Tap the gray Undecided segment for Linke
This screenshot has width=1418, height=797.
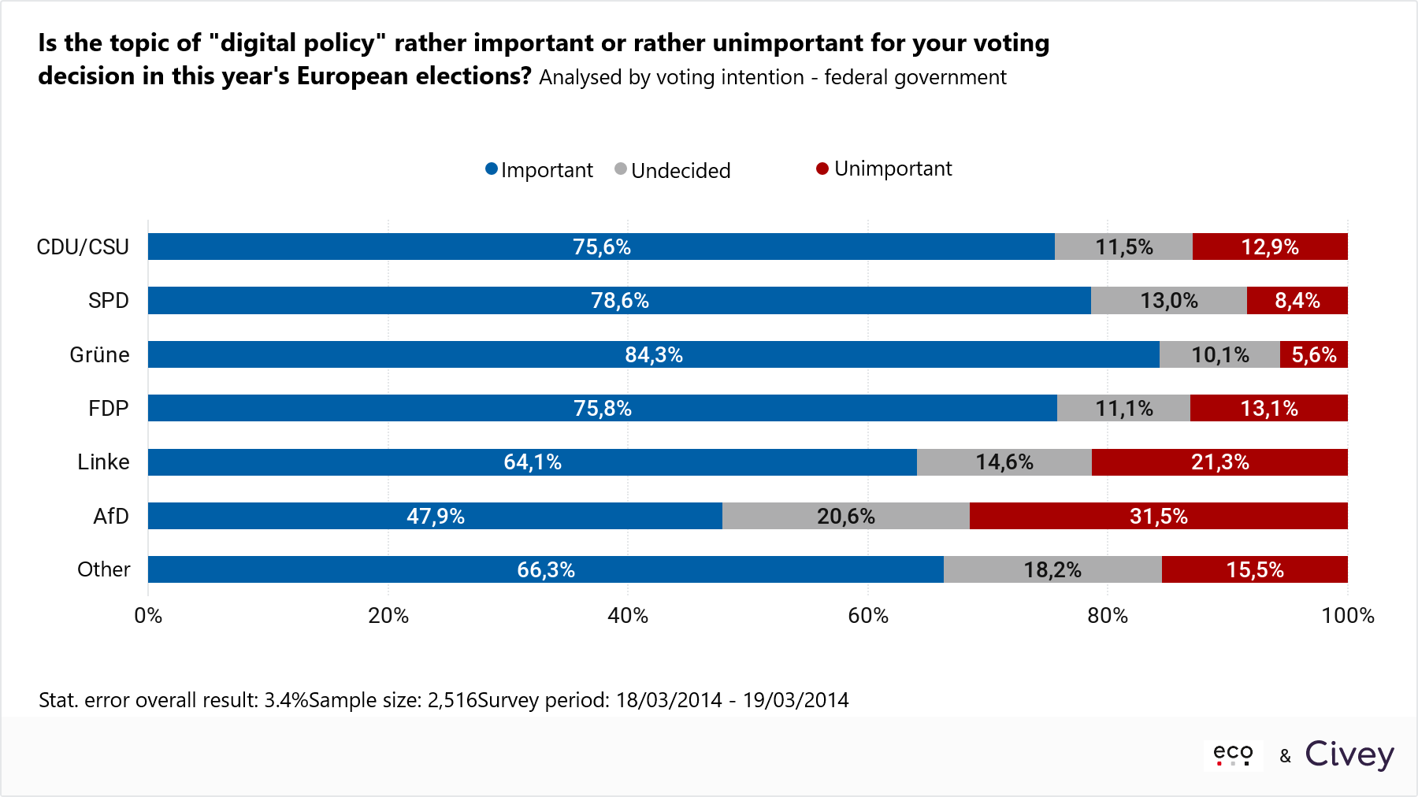1004,462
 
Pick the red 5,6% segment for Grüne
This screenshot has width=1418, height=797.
1313,354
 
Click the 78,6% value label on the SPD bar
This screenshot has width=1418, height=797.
620,301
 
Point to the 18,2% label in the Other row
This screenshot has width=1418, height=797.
1052,569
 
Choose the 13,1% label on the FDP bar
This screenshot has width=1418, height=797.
1268,408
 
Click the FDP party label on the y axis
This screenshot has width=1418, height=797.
108,408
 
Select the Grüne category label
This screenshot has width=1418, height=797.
99,354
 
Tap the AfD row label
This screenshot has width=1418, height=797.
110,516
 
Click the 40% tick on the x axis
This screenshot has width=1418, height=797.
628,615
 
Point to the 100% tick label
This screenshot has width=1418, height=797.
1347,615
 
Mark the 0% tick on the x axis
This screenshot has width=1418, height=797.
148,615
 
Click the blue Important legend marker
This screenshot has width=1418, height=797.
492,169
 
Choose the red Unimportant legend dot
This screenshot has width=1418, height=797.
822,169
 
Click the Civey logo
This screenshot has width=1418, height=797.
1349,754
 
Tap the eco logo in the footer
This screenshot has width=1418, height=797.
1233,754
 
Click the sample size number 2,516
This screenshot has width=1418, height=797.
452,700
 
